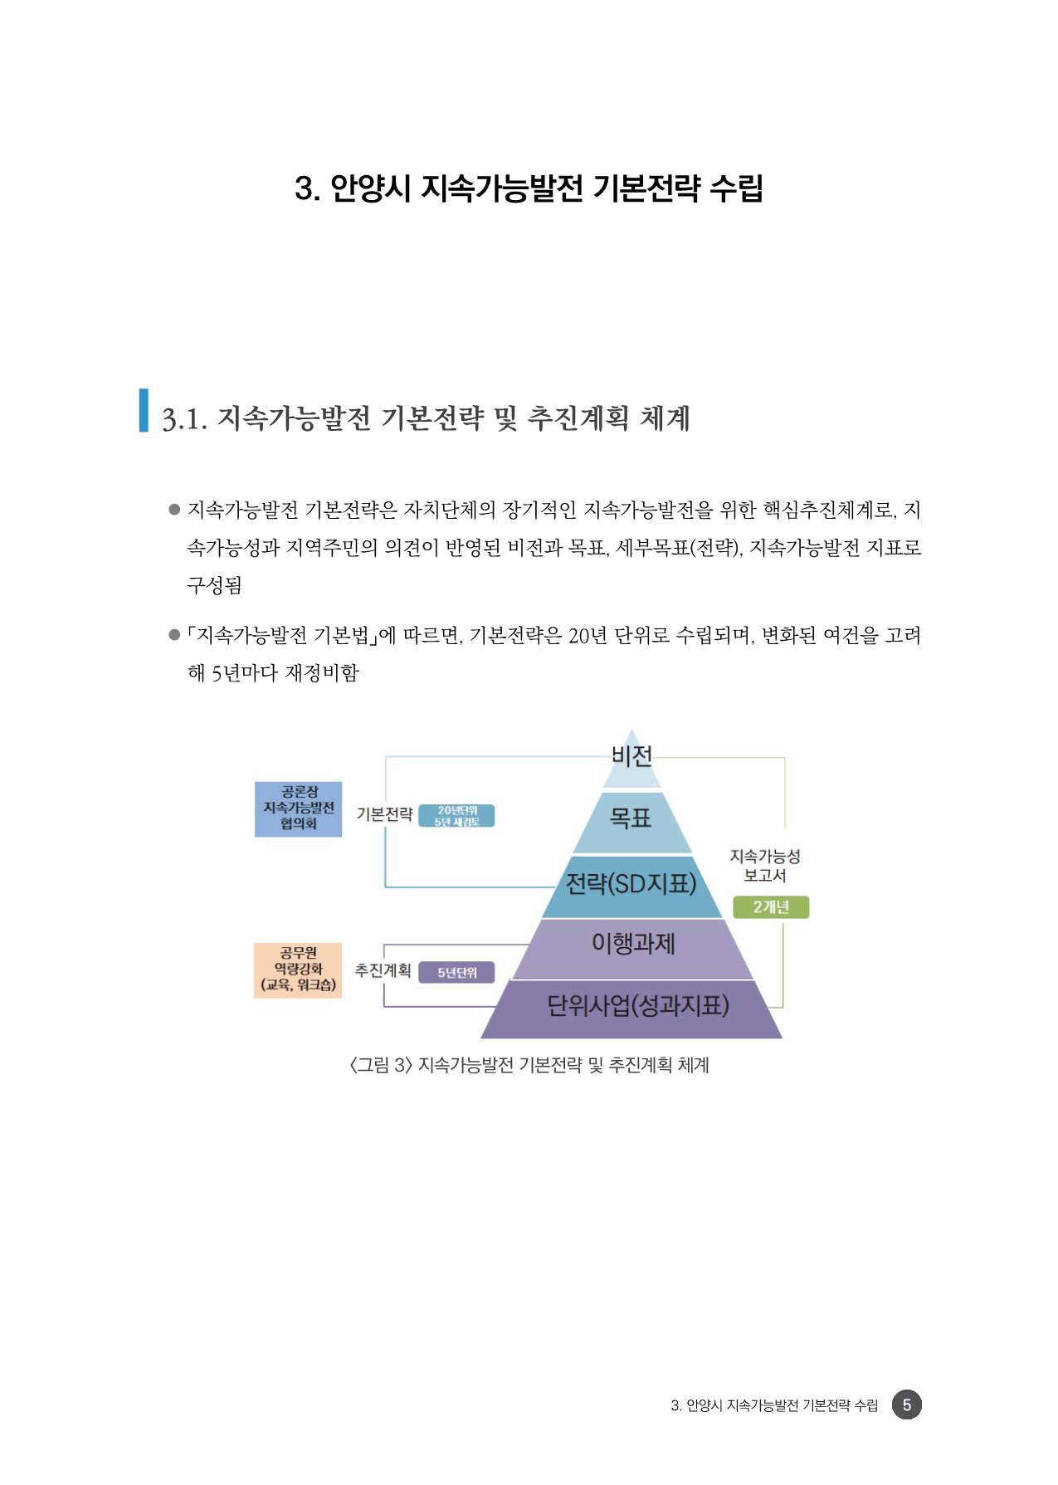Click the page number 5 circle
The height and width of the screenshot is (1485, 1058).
[x=906, y=1404]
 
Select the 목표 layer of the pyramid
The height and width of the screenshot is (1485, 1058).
[x=631, y=819]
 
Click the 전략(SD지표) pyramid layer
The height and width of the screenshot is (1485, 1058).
[x=631, y=885]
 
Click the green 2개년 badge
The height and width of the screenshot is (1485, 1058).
[x=770, y=907]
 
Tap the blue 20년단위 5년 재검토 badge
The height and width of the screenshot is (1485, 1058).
[x=456, y=816]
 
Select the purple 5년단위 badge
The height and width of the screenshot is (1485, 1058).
[x=456, y=973]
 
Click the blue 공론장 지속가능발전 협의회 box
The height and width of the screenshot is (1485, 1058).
[x=298, y=808]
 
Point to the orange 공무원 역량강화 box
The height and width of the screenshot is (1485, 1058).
[x=298, y=970]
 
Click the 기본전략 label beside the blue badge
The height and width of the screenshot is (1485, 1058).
[x=384, y=814]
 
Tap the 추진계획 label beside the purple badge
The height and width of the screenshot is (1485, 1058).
[x=383, y=970]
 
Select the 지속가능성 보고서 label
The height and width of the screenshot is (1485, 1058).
[x=764, y=865]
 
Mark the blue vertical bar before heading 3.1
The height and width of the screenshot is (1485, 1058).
[x=144, y=410]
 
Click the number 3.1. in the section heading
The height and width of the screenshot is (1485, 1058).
[x=183, y=419]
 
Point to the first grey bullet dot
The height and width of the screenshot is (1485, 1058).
[x=174, y=510]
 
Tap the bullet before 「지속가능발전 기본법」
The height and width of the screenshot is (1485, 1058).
[x=174, y=635]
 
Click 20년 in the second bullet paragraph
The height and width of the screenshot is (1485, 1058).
[x=588, y=636]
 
